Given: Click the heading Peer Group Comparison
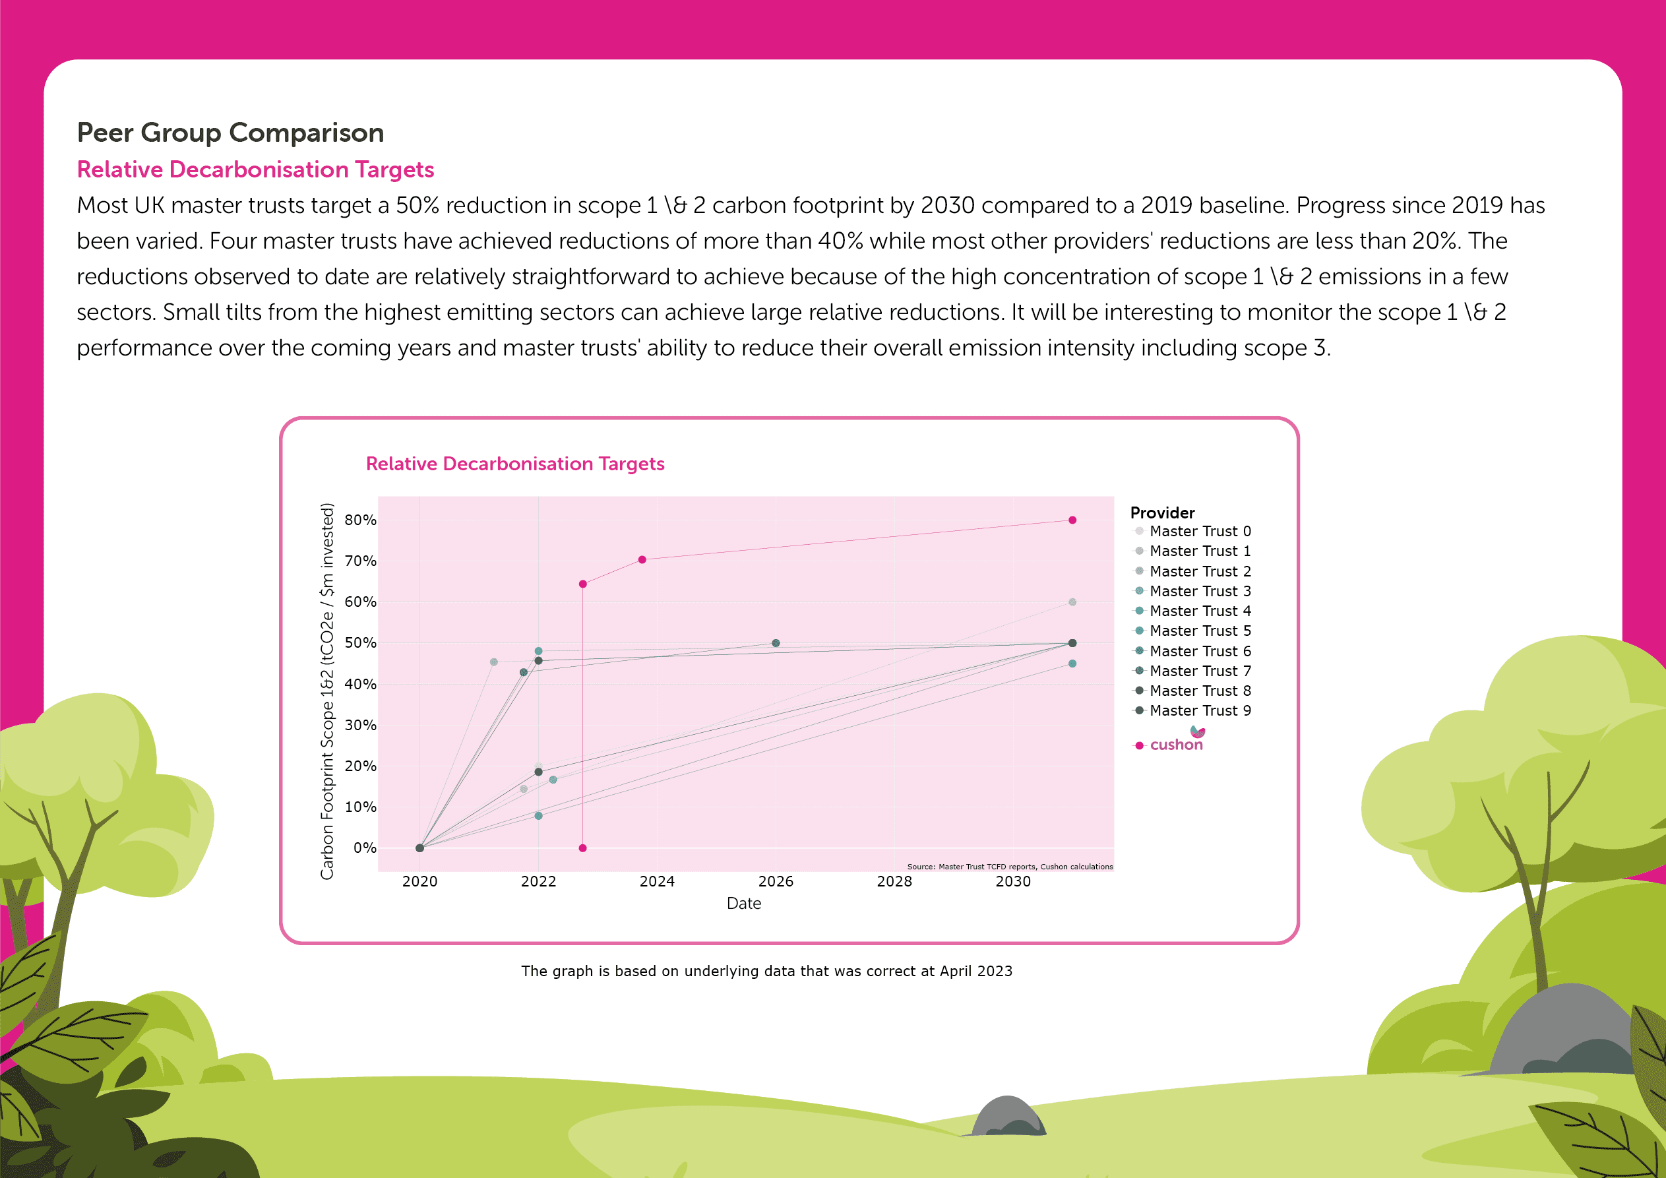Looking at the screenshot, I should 230,133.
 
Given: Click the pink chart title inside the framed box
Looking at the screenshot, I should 514,464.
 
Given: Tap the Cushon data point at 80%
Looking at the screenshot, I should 1072,520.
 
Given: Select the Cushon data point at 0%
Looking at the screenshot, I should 582,848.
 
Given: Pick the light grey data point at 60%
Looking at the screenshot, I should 1072,602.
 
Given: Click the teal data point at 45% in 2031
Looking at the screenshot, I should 1072,664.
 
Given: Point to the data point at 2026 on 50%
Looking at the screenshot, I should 776,643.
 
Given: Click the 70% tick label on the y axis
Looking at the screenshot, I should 360,561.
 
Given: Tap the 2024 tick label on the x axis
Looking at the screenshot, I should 657,881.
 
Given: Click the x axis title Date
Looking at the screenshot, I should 744,904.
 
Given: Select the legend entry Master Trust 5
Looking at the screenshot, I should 1200,631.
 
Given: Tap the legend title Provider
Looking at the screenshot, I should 1161,512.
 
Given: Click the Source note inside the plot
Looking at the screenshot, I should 1009,867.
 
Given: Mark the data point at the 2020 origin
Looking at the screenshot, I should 419,848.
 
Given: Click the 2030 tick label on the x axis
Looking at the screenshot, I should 1012,881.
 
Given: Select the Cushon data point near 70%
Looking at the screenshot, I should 642,559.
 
